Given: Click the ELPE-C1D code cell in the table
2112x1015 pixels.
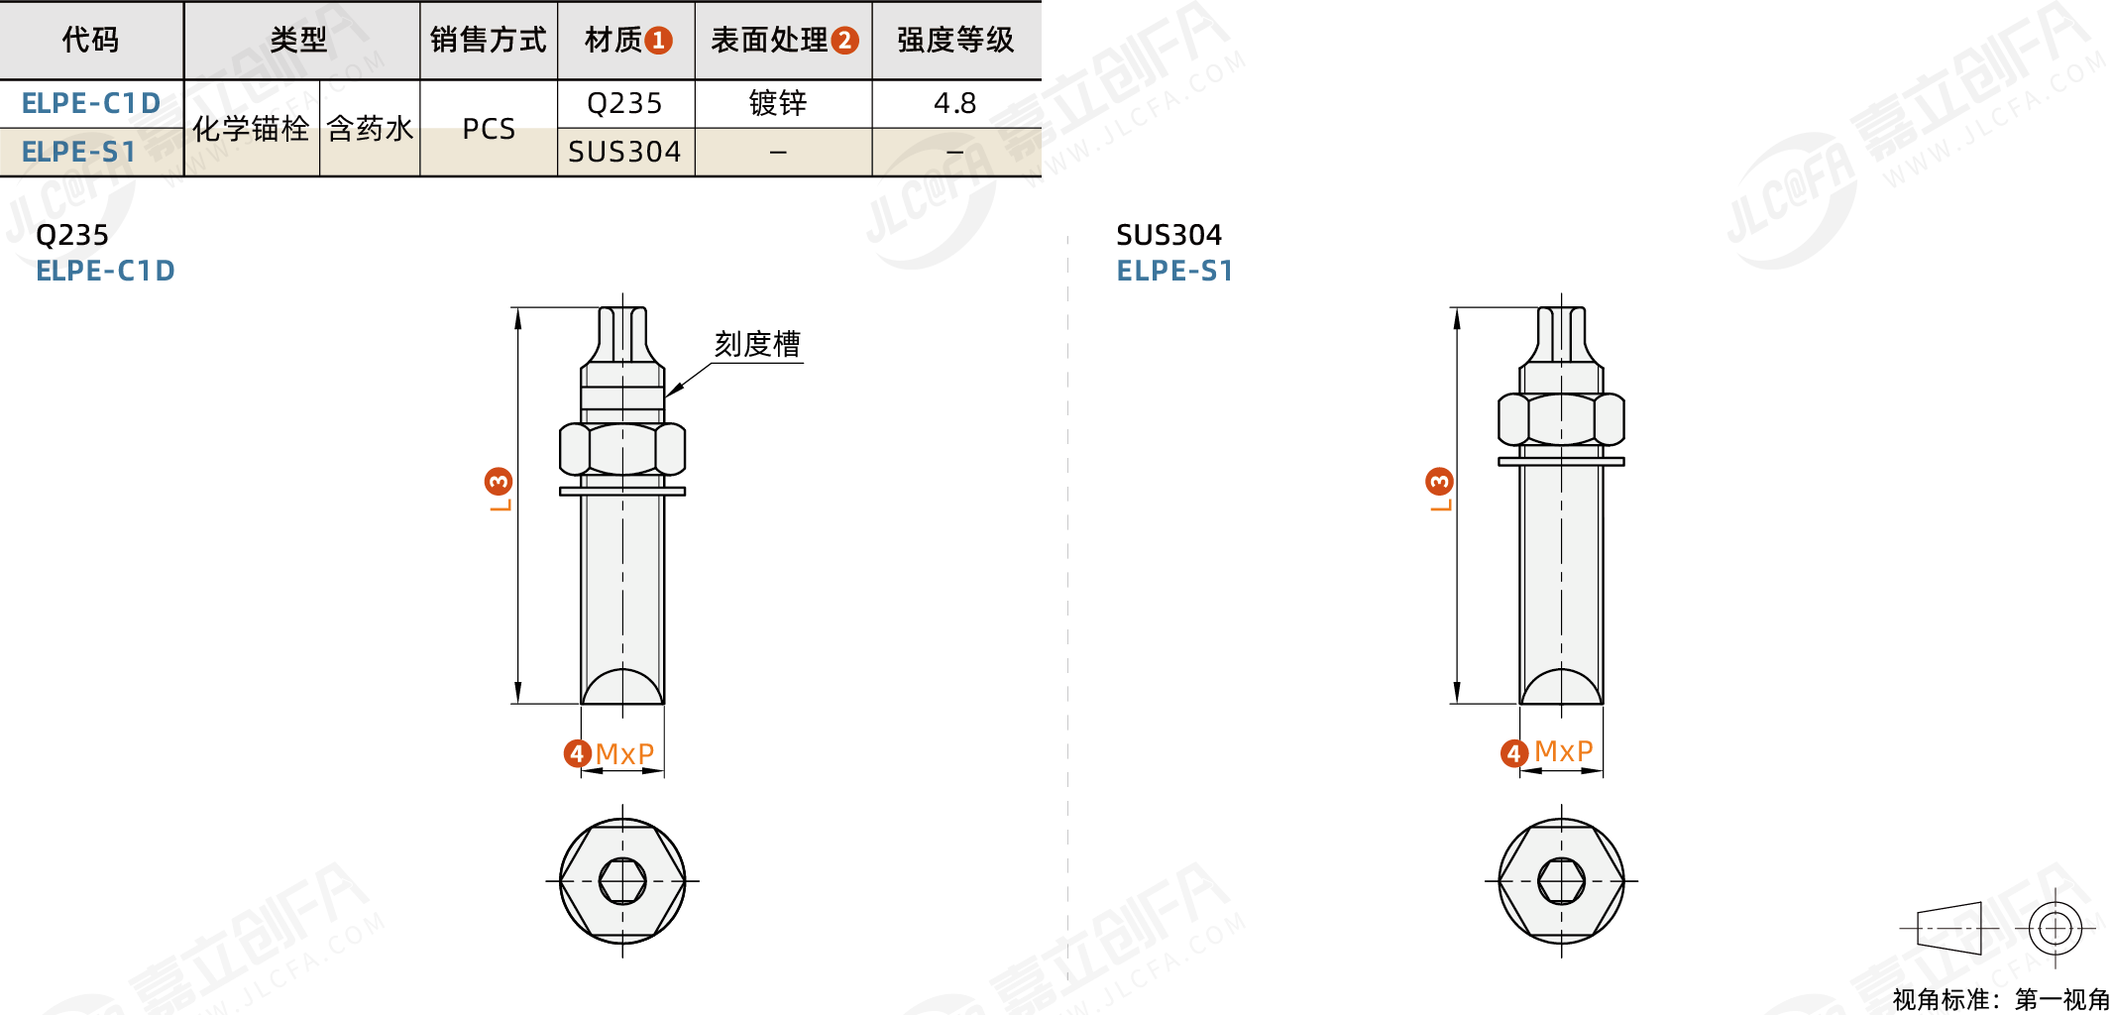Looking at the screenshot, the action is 91,103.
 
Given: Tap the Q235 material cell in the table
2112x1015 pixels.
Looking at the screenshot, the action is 624,103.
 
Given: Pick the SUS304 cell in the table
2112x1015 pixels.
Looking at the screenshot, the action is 624,152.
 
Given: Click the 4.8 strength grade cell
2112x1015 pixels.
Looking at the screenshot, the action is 955,103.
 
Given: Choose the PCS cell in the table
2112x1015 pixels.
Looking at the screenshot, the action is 489,129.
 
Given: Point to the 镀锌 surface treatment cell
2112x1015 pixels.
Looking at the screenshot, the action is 778,103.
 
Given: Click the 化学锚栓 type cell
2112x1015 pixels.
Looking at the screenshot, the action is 251,129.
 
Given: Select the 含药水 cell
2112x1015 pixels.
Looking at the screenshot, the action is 370,129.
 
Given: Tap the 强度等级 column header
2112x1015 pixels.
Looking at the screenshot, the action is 955,40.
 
